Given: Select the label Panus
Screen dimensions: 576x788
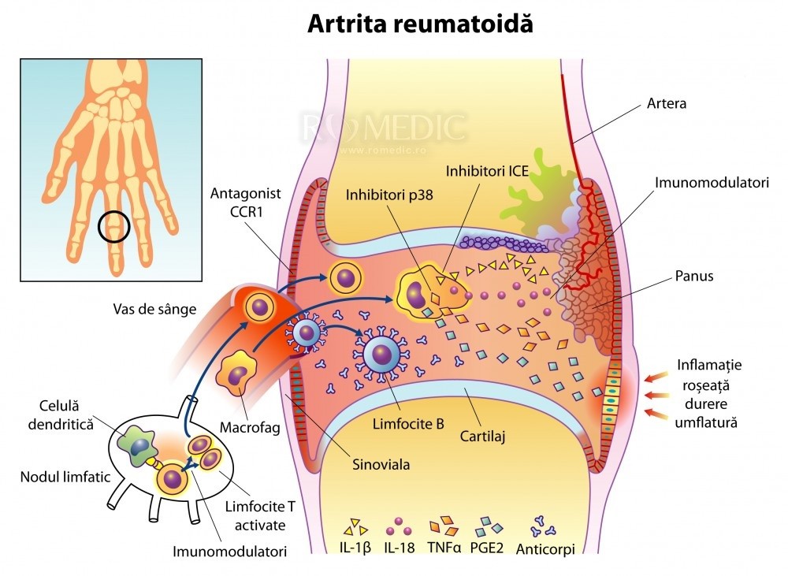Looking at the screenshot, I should [693, 277].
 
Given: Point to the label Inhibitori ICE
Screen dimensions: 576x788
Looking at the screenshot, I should [486, 170].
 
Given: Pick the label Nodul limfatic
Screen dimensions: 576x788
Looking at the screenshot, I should [54, 478].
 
